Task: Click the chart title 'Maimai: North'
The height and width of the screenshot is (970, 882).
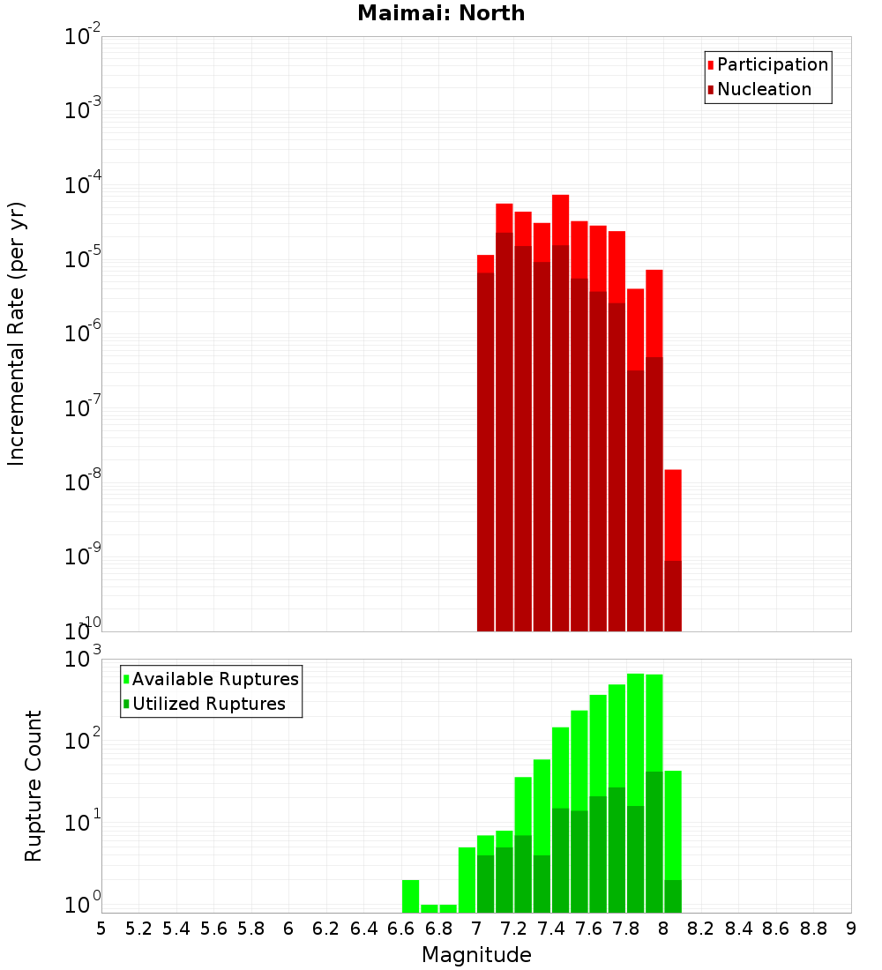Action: (x=440, y=13)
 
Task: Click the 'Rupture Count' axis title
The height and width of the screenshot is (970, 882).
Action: (x=33, y=785)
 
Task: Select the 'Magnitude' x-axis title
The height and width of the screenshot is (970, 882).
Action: (x=476, y=954)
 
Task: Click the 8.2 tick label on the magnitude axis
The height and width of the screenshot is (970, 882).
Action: (x=700, y=929)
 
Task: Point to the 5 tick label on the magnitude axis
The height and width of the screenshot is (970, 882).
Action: (x=101, y=929)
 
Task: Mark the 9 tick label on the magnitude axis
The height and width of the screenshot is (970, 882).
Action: (x=850, y=929)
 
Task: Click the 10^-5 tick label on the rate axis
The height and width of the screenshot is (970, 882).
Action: (x=83, y=259)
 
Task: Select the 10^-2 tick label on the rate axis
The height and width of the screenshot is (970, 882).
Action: (x=83, y=37)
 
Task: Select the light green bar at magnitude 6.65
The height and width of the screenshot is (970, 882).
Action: (x=410, y=896)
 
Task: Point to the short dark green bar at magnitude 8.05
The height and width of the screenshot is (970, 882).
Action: (x=673, y=896)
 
